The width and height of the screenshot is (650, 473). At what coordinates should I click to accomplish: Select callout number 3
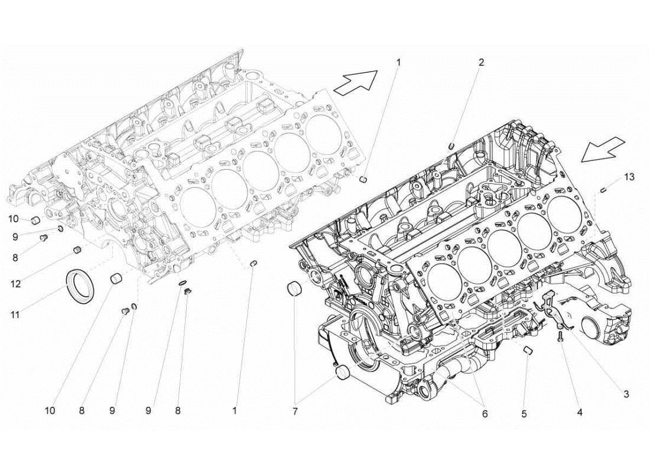pyautogui.click(x=625, y=394)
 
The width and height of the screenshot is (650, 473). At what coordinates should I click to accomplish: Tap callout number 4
pyautogui.click(x=579, y=412)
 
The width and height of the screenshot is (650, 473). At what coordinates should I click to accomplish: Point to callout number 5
pyautogui.click(x=524, y=414)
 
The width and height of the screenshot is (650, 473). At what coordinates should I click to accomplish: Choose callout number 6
pyautogui.click(x=485, y=414)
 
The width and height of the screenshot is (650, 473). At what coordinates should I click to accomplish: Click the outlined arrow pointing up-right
pyautogui.click(x=356, y=82)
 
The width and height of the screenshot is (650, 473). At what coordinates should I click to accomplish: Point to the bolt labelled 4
pyautogui.click(x=559, y=337)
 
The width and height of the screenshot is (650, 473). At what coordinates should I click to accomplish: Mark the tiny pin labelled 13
pyautogui.click(x=604, y=190)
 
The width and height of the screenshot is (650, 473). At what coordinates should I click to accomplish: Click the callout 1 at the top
pyautogui.click(x=398, y=61)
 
